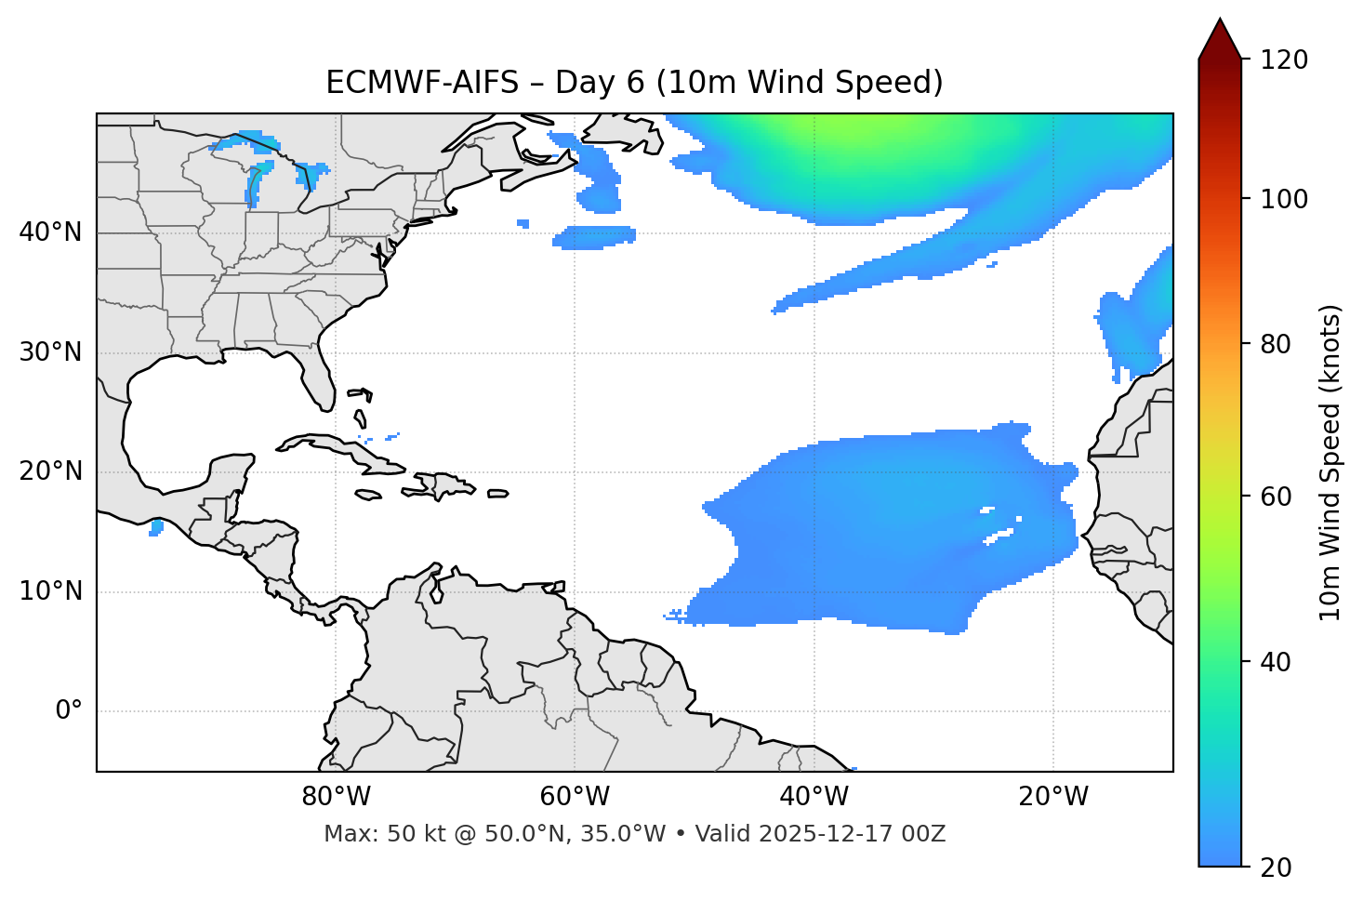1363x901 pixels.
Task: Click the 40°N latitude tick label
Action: [x=50, y=232]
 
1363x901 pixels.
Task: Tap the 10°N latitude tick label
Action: [x=50, y=591]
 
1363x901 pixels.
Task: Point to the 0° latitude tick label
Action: [x=69, y=711]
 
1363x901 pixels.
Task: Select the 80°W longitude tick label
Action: [x=336, y=797]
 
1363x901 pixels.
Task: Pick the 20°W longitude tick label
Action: [x=1053, y=797]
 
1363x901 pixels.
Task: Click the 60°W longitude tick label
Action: [x=575, y=797]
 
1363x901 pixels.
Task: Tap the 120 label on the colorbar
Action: [x=1285, y=60]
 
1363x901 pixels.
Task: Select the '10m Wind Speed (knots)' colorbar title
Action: [x=1330, y=462]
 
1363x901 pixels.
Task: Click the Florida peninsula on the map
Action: [x=321, y=381]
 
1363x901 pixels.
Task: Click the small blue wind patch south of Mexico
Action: [x=156, y=528]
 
